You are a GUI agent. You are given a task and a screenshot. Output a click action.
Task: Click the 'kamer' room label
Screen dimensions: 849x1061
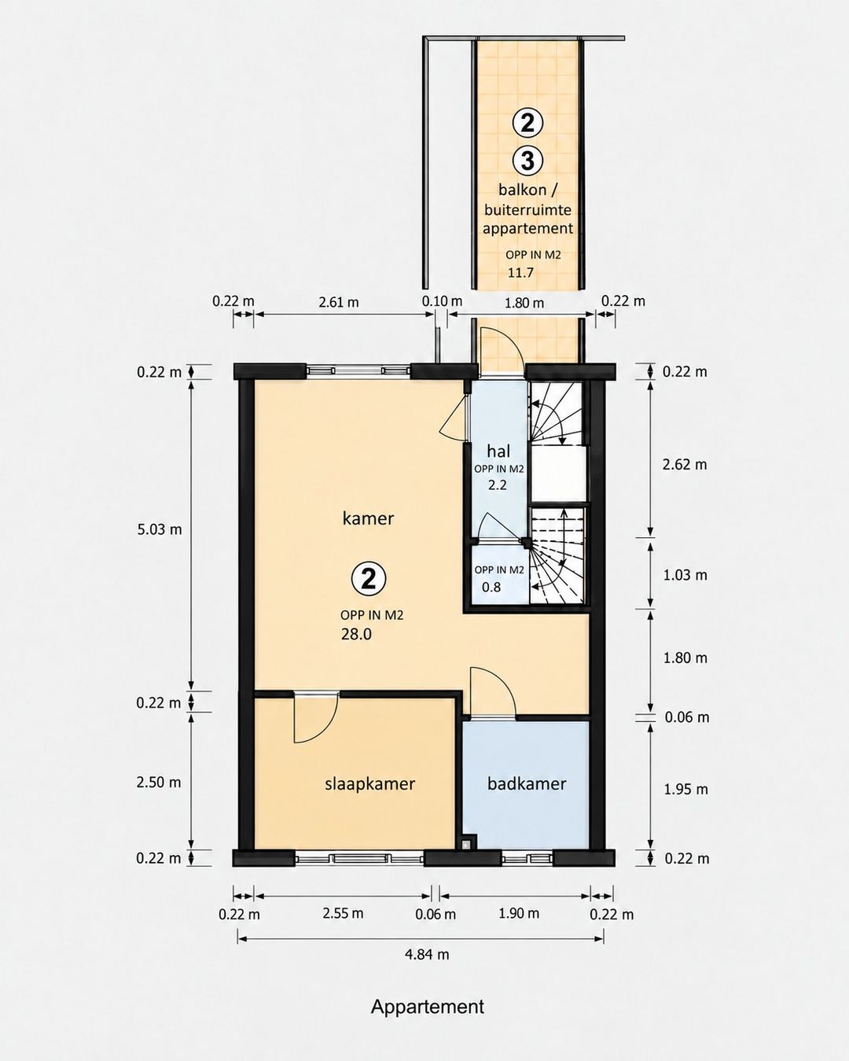coord(368,518)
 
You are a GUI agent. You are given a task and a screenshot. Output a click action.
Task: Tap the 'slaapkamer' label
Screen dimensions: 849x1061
coord(369,784)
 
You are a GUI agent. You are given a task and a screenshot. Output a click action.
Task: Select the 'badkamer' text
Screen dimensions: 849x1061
coord(527,783)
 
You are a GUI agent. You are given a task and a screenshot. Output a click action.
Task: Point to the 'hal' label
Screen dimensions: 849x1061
coord(498,451)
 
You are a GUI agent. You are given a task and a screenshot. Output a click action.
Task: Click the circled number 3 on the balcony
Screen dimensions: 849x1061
coord(527,160)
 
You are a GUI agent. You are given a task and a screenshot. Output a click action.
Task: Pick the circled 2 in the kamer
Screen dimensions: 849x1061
coord(369,579)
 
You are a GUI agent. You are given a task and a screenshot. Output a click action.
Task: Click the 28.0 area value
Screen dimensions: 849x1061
coord(356,634)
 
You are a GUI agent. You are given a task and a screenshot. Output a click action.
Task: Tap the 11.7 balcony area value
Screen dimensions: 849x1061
coord(521,273)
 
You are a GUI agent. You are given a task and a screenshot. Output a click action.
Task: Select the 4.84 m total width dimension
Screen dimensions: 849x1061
coord(427,955)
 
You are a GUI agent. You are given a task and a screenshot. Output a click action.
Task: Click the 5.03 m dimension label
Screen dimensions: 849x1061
coord(159,529)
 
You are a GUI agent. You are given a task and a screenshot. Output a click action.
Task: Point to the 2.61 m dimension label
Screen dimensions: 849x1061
coord(339,302)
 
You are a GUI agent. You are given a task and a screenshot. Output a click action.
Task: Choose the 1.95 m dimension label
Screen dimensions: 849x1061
coord(685,790)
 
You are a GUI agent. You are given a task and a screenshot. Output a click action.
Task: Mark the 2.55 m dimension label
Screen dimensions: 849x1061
coord(343,913)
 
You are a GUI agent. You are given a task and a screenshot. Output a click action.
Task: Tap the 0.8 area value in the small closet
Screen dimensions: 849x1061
coord(491,587)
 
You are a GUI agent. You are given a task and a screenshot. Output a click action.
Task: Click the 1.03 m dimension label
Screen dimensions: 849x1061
coord(685,575)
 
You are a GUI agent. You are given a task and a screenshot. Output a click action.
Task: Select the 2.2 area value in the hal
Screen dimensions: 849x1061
coord(497,485)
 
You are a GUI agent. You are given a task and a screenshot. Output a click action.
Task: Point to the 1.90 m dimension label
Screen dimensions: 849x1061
coord(519,913)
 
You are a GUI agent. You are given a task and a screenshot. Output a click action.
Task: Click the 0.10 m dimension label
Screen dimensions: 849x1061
coord(442,300)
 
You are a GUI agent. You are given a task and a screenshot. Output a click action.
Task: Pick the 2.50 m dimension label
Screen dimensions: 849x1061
coord(159,783)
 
